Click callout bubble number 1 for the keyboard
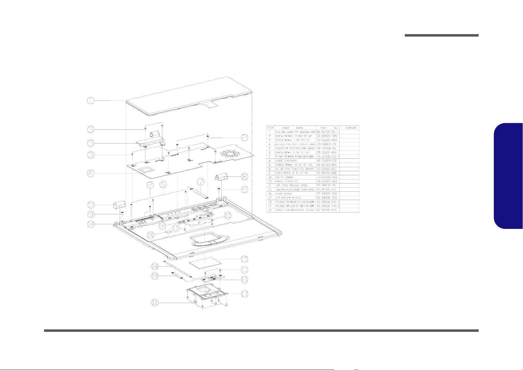pyautogui.click(x=90, y=100)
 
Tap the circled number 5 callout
pyautogui.click(x=90, y=144)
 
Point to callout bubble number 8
pyautogui.click(x=245, y=177)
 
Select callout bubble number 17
pyautogui.click(x=245, y=294)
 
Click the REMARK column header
pyautogui.click(x=349, y=128)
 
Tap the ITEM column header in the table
pyautogui.click(x=270, y=128)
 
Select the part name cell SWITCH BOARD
pyautogui.click(x=284, y=177)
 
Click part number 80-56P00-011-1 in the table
pyautogui.click(x=328, y=132)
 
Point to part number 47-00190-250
pyautogui.click(x=328, y=210)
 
